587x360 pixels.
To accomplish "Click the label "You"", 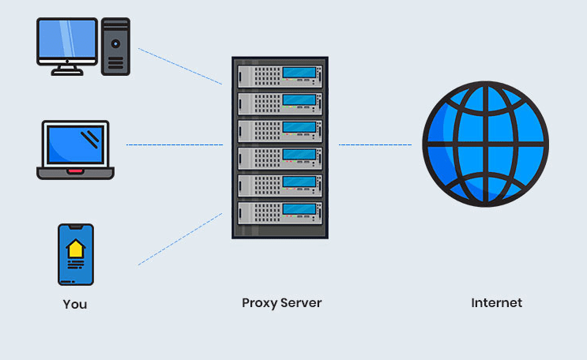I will pyautogui.click(x=75, y=304).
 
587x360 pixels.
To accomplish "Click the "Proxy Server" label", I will pyautogui.click(x=281, y=303).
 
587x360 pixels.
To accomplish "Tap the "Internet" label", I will pyautogui.click(x=496, y=303).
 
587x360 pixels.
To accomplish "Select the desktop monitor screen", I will pyautogui.click(x=67, y=40).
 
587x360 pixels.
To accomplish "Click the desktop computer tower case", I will pyautogui.click(x=116, y=47).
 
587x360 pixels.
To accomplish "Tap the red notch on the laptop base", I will pyautogui.click(x=74, y=171).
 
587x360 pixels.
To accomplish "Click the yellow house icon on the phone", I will pyautogui.click(x=75, y=248).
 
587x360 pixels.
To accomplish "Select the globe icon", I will pyautogui.click(x=484, y=144).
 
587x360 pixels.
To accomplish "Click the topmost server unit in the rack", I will pyautogui.click(x=280, y=77).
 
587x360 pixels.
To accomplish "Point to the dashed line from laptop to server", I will pyautogui.click(x=174, y=145).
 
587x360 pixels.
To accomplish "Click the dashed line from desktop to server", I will pyautogui.click(x=180, y=66).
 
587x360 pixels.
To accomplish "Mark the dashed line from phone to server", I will pyautogui.click(x=180, y=238).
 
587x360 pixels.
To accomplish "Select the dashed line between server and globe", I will pyautogui.click(x=375, y=144).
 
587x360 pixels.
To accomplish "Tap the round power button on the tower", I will pyautogui.click(x=116, y=44).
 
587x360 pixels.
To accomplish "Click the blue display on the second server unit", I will pyautogui.click(x=298, y=100).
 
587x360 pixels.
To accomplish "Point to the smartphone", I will pyautogui.click(x=75, y=254).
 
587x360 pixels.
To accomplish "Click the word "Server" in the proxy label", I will pyautogui.click(x=302, y=303).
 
